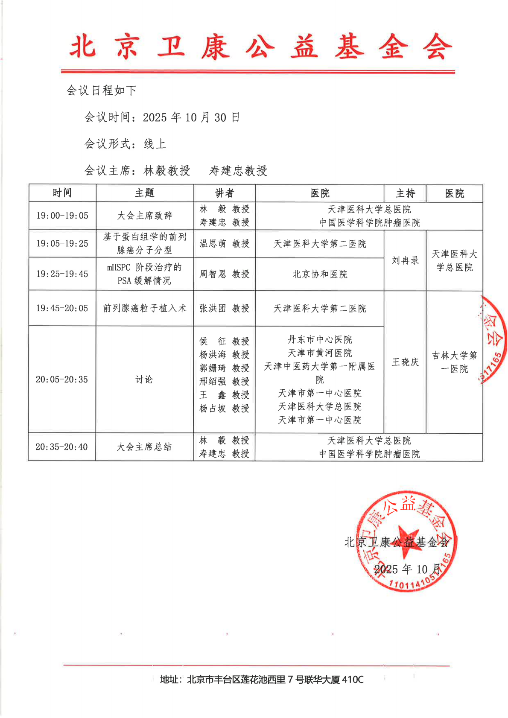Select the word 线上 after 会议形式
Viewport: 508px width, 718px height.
point(155,144)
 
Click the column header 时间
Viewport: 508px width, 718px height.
point(62,193)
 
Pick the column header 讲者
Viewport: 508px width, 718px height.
point(224,193)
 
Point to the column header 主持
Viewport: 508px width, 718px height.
point(405,193)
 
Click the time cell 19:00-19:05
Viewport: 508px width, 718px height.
point(62,216)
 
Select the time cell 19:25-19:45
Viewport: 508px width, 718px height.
point(62,274)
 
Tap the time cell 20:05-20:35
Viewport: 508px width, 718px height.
point(62,379)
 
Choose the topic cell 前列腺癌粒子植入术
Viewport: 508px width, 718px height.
point(145,308)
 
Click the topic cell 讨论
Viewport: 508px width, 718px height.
point(144,379)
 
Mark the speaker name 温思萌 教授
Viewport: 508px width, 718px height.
point(224,244)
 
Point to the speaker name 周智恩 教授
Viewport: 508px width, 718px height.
point(224,274)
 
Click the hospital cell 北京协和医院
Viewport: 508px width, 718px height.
point(320,274)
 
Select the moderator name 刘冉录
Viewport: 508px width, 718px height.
point(405,260)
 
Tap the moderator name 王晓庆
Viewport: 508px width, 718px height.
point(405,362)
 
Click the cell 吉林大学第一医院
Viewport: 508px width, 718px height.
point(454,362)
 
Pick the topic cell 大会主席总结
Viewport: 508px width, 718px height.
point(144,447)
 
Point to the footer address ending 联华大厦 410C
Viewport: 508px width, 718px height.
point(262,679)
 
